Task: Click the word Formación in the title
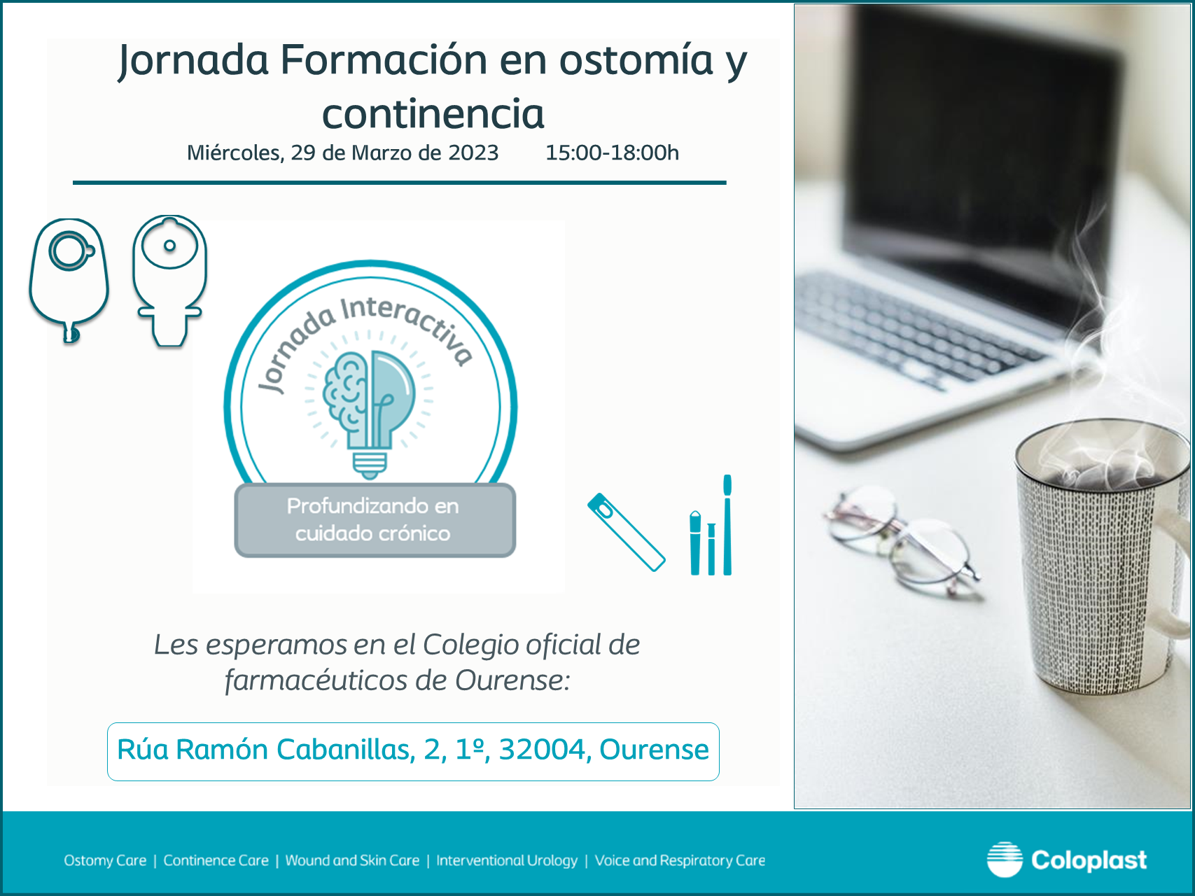coord(384,59)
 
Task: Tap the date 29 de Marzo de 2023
coord(395,153)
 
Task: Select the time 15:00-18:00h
coord(612,153)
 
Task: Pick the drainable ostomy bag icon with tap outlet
coord(169,281)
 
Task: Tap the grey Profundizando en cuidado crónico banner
coord(375,520)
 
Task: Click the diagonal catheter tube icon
coord(626,532)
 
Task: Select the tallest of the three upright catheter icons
coord(727,525)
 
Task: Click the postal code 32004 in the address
coord(541,750)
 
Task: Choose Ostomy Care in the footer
coord(105,860)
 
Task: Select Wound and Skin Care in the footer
coord(352,860)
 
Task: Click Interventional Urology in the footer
coord(507,860)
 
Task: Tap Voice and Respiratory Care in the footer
coord(680,860)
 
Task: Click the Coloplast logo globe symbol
coord(1005,860)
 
